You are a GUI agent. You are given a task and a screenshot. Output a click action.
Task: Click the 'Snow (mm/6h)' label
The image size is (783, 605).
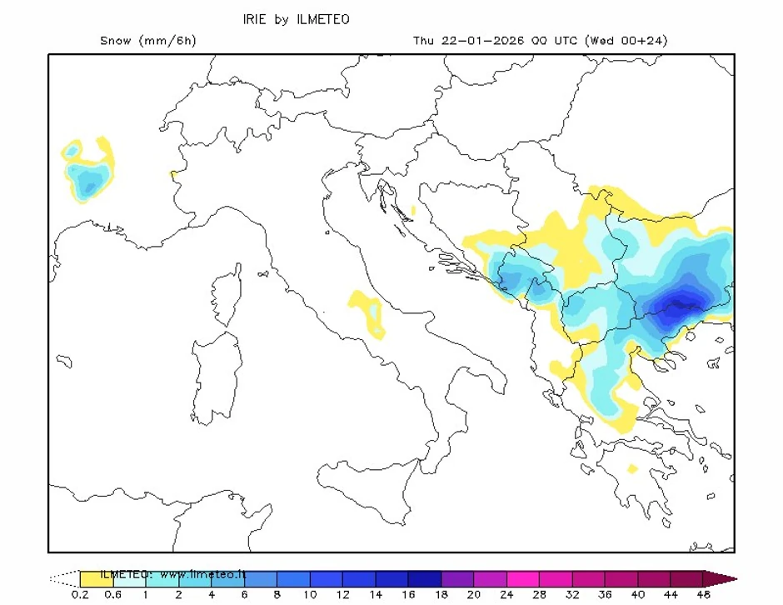147,41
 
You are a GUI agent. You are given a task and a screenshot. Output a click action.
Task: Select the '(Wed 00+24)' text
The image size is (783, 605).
626,41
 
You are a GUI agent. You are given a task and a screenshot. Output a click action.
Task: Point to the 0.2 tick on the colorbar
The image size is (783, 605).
81,594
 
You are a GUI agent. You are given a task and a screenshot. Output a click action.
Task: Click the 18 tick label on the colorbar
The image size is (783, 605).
440,594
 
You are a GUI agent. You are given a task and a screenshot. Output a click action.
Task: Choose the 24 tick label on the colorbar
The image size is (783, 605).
506,594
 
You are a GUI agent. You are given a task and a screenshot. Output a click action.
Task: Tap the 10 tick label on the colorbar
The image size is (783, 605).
309,594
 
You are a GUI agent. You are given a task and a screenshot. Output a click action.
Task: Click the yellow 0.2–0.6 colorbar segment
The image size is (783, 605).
97,578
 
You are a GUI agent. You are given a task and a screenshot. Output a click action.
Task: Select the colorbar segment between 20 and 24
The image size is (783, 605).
489,578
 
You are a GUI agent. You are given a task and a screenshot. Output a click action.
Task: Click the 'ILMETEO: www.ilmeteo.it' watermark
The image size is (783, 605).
173,574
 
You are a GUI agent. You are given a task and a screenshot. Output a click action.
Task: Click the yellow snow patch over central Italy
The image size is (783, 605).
367,312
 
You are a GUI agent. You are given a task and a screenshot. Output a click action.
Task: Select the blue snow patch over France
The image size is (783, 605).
87,175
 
